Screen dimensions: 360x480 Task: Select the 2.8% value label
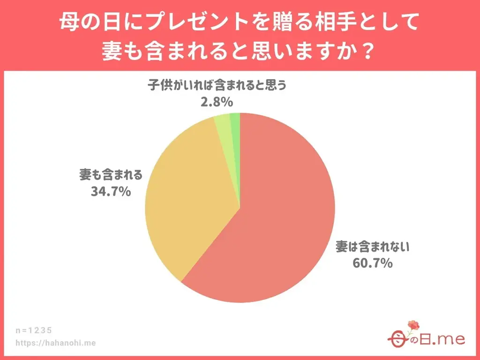coord(217,102)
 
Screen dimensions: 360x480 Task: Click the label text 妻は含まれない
coord(372,247)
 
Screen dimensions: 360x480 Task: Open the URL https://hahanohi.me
coord(56,343)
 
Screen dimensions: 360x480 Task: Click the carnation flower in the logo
coord(413,325)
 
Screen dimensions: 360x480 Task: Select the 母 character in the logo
coord(397,339)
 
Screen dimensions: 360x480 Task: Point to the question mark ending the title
coord(368,50)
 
